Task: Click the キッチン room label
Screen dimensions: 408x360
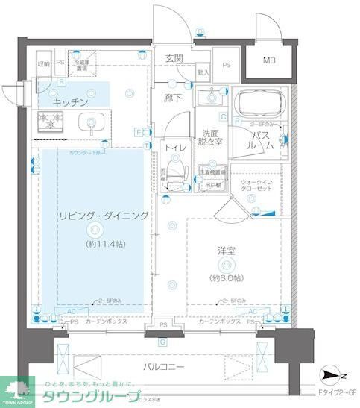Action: click(x=71, y=101)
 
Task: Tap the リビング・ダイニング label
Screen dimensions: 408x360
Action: click(x=102, y=216)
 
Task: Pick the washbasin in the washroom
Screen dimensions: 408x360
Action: click(x=212, y=95)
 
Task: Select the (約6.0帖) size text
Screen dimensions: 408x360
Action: click(x=227, y=277)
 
